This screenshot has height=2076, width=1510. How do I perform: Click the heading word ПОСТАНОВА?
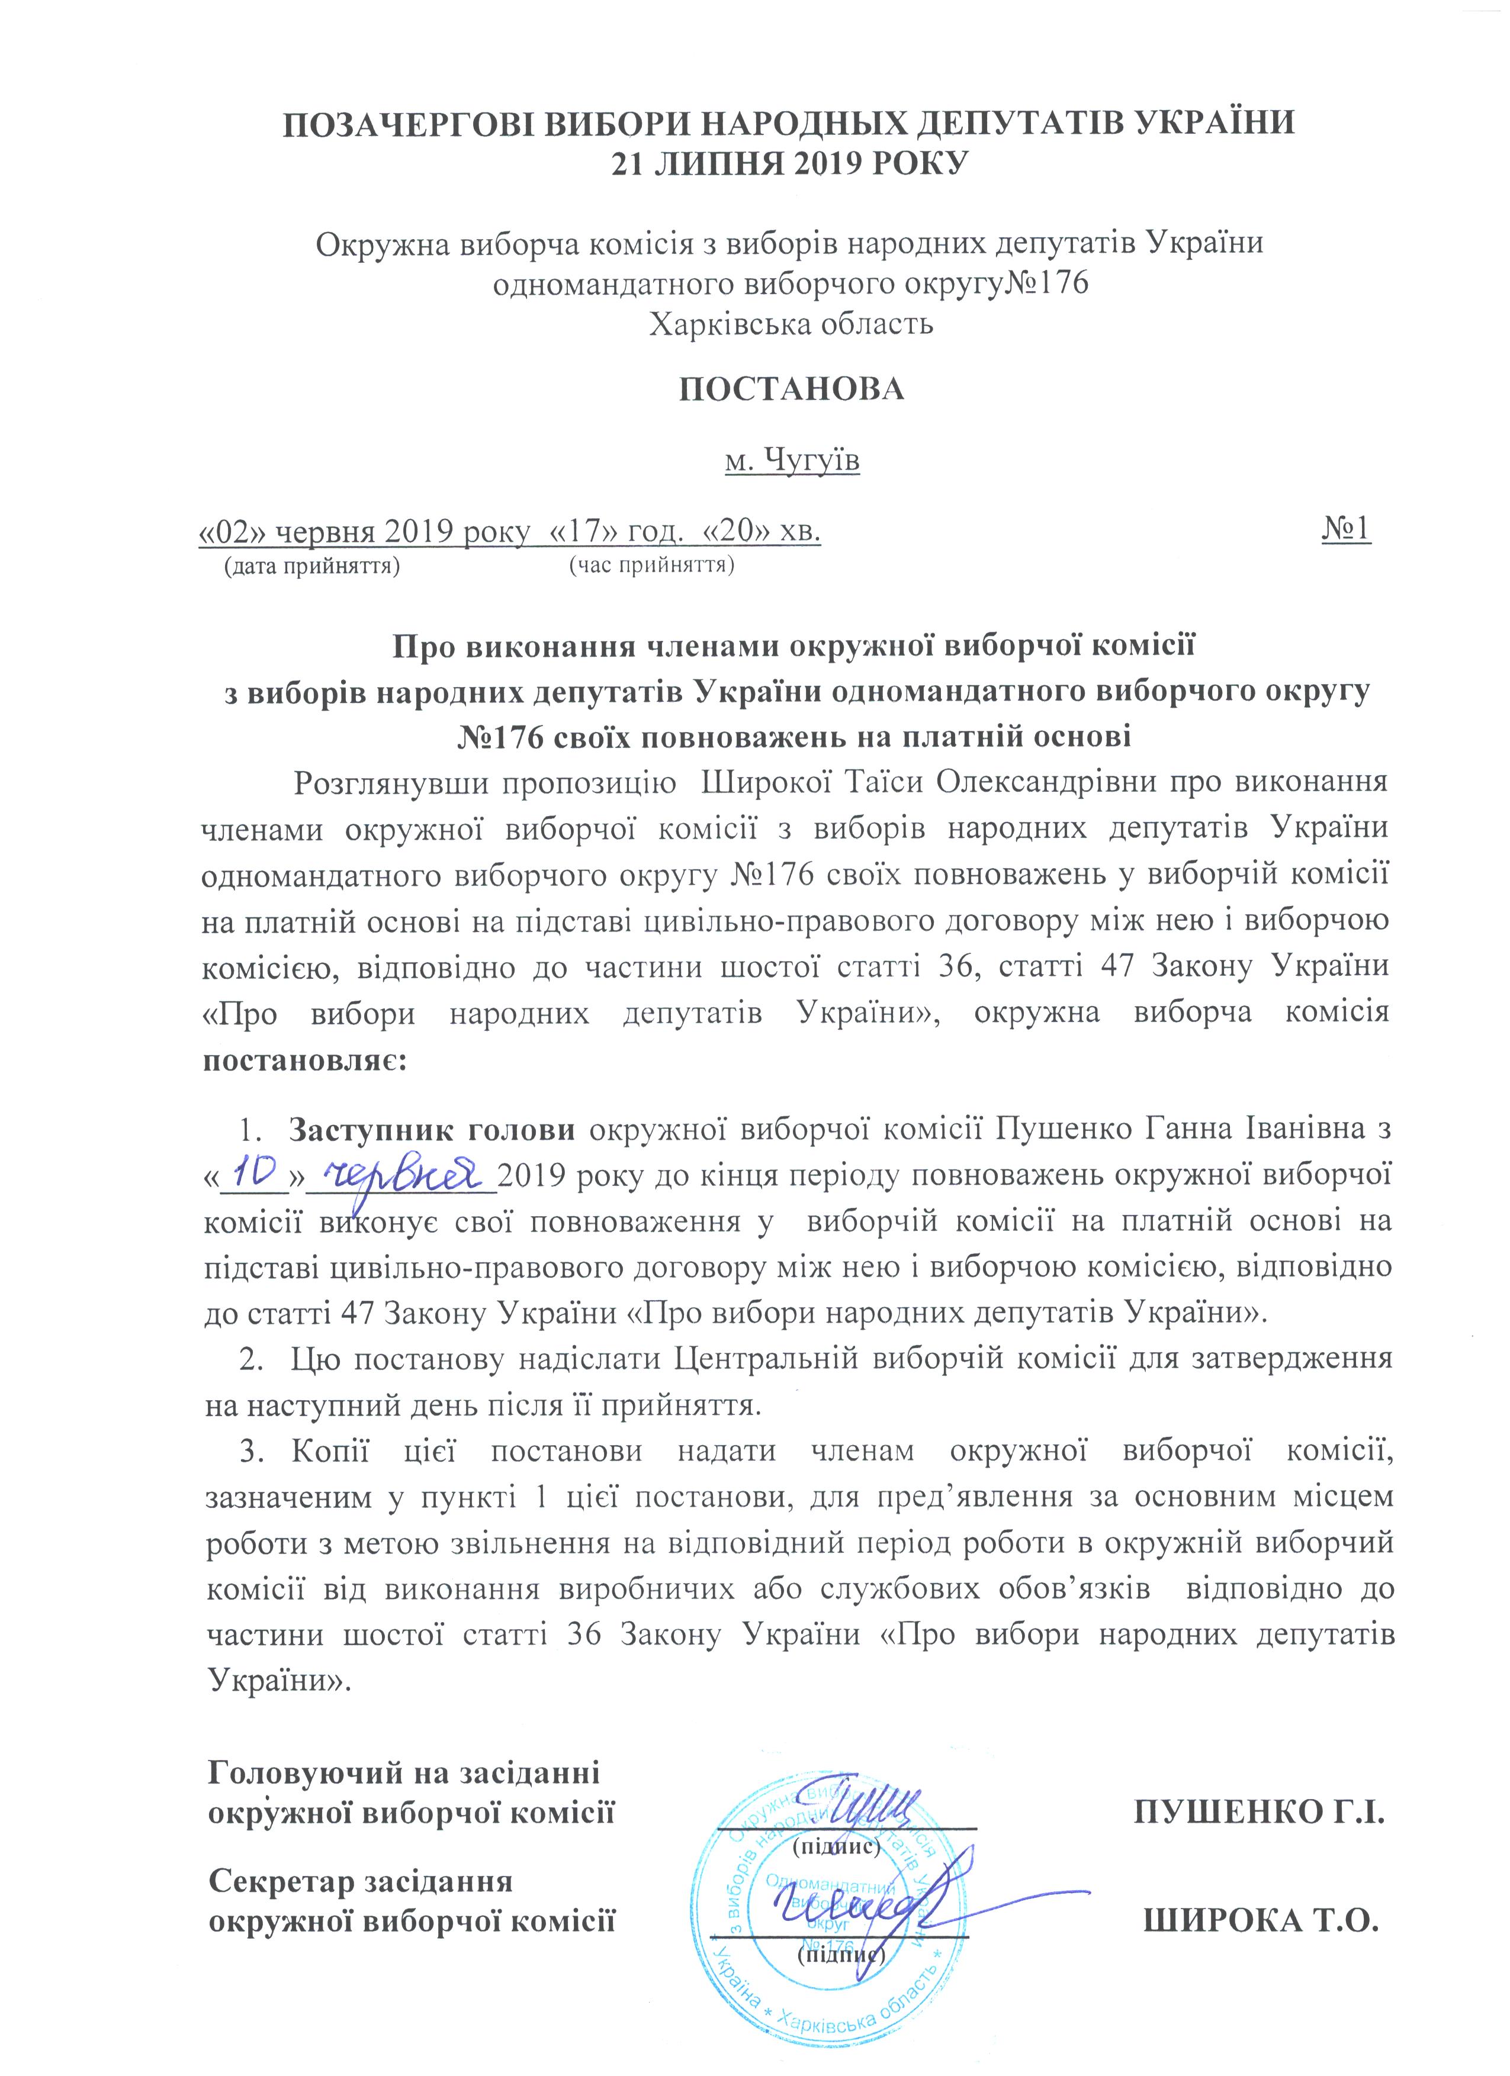coord(791,389)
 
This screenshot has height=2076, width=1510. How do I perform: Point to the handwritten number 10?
coord(256,1172)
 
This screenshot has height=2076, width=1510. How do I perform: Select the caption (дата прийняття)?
coord(312,565)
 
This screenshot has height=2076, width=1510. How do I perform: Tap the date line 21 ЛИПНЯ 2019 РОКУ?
coord(791,164)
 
